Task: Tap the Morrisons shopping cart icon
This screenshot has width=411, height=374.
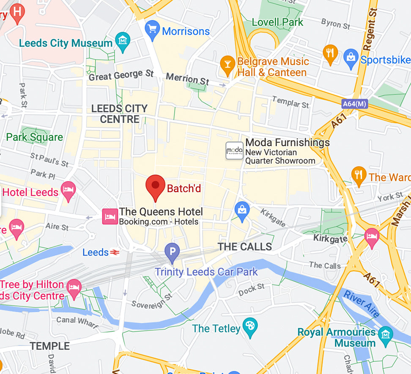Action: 152,30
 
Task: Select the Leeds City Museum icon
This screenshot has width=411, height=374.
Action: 123,41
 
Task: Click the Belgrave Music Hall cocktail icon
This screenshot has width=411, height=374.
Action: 227,64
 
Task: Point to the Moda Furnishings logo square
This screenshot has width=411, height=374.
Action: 234,151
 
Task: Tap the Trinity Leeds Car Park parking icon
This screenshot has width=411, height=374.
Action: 172,252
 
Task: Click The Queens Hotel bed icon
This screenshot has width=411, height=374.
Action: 110,216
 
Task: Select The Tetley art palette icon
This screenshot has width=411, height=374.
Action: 250,327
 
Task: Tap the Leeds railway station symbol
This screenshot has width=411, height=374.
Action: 114,253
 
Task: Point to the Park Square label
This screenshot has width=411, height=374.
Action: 34,137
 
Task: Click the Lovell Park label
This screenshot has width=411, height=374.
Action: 277,22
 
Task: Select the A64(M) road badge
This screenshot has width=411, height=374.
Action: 355,103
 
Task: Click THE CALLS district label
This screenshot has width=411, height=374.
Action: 244,247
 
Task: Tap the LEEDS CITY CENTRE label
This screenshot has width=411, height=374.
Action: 119,114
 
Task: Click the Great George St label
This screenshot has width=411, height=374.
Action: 121,75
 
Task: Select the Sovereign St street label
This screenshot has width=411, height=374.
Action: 152,300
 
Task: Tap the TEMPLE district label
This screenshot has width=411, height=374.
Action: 49,346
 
